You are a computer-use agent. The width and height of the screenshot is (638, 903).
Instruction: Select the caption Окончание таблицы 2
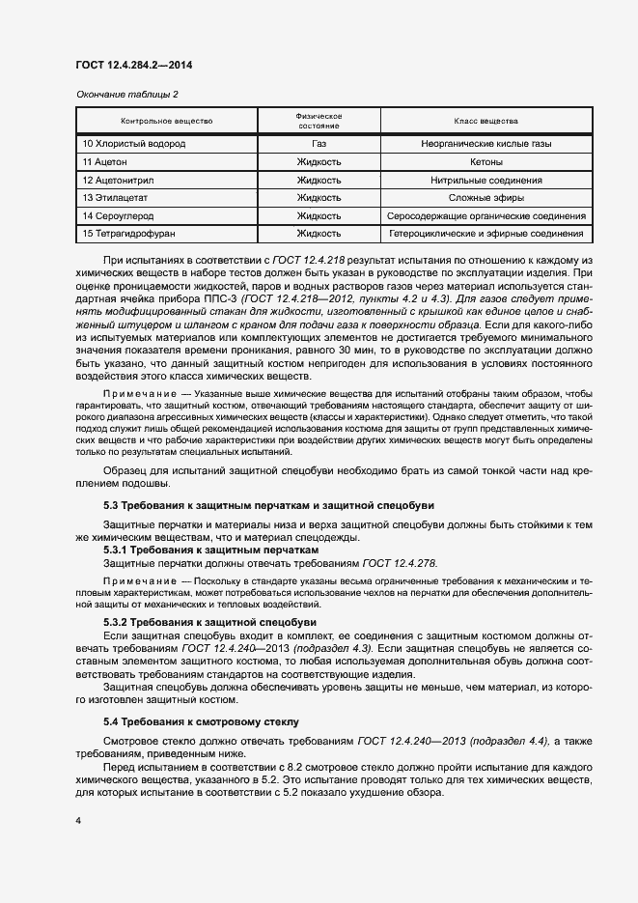click(127, 94)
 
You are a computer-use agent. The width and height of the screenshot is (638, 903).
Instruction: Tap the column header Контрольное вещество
click(167, 122)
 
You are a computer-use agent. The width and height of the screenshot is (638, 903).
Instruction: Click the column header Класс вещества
click(485, 122)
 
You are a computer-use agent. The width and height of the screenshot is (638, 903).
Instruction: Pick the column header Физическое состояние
click(319, 122)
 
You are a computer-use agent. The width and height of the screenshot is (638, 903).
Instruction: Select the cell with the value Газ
click(319, 144)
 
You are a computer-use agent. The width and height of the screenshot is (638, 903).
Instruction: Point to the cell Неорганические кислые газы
click(485, 144)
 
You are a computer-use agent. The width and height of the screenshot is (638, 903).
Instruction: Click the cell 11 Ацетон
click(105, 162)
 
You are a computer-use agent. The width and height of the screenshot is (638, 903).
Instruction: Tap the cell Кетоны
click(485, 162)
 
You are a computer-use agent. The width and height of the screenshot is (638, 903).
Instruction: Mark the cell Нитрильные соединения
click(485, 180)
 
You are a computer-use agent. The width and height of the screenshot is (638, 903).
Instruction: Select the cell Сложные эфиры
click(485, 198)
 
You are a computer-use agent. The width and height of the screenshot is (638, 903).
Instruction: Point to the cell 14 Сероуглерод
click(119, 216)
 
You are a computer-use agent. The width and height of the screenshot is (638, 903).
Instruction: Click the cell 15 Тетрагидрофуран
click(129, 234)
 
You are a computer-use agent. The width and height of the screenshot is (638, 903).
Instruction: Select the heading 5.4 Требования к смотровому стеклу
click(202, 721)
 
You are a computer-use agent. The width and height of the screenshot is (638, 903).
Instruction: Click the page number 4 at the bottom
click(78, 820)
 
